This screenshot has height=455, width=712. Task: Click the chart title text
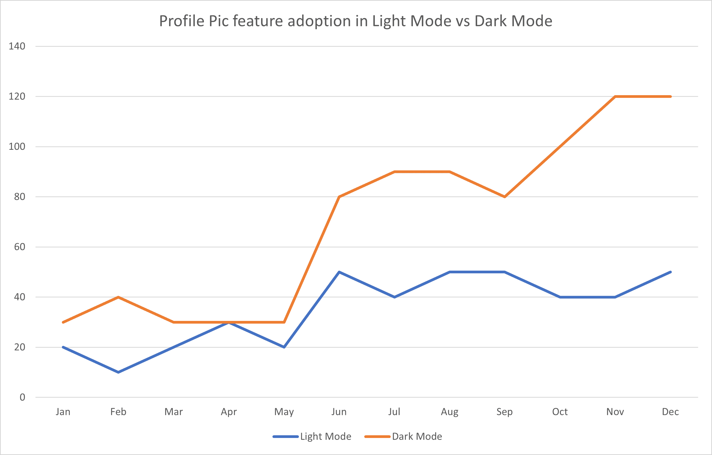[355, 21]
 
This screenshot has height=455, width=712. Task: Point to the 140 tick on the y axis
[17, 46]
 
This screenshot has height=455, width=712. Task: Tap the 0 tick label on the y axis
[22, 397]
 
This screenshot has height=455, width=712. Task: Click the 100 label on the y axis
[17, 147]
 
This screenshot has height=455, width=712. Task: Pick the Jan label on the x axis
[63, 412]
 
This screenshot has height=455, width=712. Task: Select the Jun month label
[339, 412]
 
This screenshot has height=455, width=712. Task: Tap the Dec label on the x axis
[670, 412]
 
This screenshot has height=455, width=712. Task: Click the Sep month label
[504, 412]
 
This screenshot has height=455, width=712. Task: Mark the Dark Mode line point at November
[615, 97]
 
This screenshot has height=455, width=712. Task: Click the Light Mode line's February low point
[118, 372]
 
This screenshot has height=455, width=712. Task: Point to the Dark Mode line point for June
[339, 197]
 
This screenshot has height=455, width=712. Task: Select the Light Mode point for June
[339, 272]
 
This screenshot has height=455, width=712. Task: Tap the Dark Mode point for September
[504, 197]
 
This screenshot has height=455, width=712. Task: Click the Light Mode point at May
[284, 347]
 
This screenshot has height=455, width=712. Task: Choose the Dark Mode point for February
[118, 297]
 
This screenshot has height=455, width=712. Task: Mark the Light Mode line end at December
[670, 272]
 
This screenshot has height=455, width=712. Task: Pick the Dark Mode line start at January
[63, 322]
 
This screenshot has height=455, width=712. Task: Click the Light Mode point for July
[394, 297]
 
